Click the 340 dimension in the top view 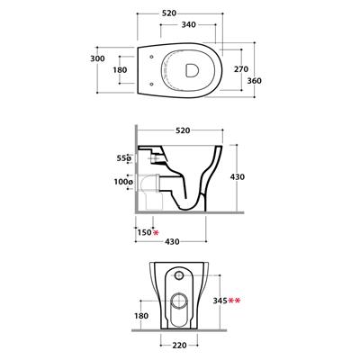pyautogui.click(x=188, y=24)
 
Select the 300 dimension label pyautogui.click(x=98, y=58)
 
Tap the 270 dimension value pyautogui.click(x=241, y=69)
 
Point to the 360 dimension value pyautogui.click(x=255, y=81)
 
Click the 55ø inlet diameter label pyautogui.click(x=124, y=158)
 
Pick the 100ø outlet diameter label pyautogui.click(x=123, y=182)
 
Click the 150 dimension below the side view pyautogui.click(x=145, y=232)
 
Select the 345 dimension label pyautogui.click(x=220, y=301)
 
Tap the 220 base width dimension pyautogui.click(x=179, y=346)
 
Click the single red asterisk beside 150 pyautogui.click(x=156, y=232)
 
